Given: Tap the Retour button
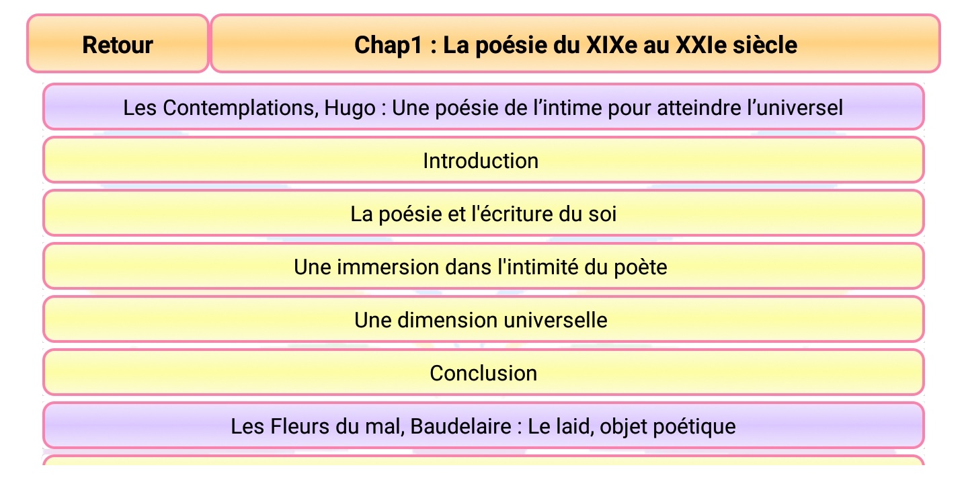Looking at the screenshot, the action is tap(118, 44).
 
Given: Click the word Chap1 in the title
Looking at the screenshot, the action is tap(388, 46).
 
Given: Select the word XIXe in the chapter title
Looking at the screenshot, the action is tap(612, 44).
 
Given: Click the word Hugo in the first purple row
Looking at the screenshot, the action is tap(350, 108).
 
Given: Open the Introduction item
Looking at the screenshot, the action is tap(483, 160).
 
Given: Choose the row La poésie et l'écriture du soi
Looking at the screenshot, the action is tap(483, 213).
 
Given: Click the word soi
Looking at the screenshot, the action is tap(602, 214).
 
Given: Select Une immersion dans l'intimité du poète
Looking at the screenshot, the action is tap(483, 266).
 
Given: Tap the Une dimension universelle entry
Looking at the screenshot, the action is tap(483, 319).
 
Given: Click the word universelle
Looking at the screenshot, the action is tap(555, 320).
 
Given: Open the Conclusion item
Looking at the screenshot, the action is tap(483, 372).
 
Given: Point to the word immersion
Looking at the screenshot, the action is tap(388, 267).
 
